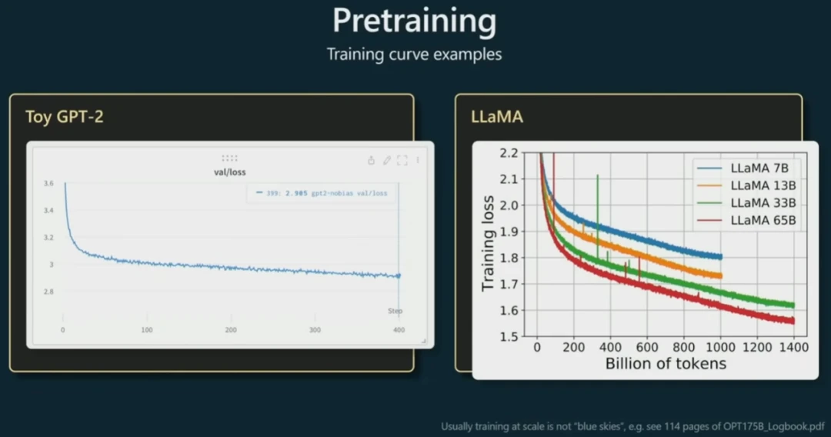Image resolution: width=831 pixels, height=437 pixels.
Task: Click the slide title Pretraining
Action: pos(414,21)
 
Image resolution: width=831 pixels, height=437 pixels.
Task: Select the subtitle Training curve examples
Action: pos(414,55)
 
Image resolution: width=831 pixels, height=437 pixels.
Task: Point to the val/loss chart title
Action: pos(229,172)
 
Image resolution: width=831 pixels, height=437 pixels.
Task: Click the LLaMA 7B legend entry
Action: pos(763,167)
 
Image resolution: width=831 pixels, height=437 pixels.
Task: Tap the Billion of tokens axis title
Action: pos(666,363)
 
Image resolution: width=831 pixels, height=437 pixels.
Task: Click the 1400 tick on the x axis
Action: pos(793,348)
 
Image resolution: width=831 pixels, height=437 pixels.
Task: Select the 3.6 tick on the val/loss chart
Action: pos(48,183)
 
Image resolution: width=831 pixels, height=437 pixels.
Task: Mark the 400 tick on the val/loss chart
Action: pos(399,329)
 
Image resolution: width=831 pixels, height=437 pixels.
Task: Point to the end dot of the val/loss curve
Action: pos(399,275)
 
